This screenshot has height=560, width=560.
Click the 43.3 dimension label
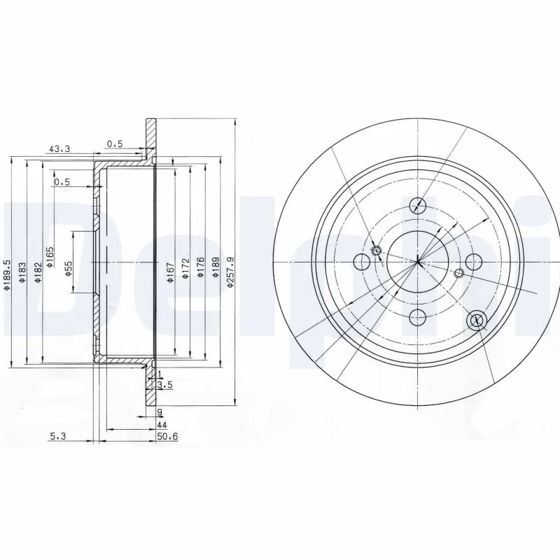tap(59, 149)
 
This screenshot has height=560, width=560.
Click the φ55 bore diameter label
tap(69, 268)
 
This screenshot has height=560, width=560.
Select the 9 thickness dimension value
tap(160, 412)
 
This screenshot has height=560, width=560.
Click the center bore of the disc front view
tap(418, 262)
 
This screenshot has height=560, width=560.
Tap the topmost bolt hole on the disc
tap(418, 205)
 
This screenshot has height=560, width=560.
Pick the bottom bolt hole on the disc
tap(418, 316)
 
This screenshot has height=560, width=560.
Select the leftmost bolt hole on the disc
tap(362, 262)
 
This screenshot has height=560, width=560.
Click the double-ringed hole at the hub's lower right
tap(477, 319)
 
